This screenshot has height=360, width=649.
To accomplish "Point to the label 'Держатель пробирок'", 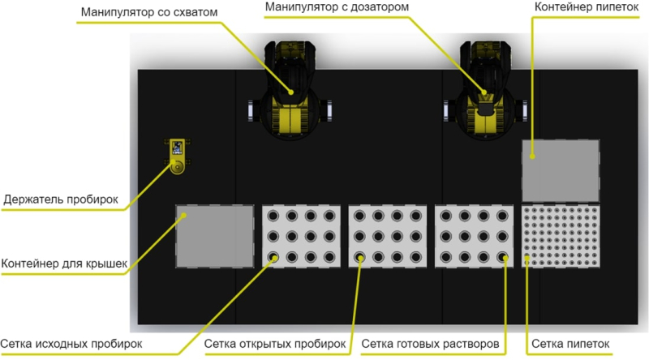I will tap(61, 199).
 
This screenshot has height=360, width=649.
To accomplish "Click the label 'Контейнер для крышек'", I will tap(65, 264).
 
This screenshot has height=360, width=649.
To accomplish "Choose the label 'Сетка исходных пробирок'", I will tap(71, 343).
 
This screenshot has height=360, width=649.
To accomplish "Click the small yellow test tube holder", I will tap(176, 156).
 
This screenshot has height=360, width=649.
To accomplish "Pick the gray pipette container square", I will tap(561, 170).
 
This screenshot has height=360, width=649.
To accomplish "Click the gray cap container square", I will tap(215, 236).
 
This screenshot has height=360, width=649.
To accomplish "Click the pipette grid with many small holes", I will tap(561, 237).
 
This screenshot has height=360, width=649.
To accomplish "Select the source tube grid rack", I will tap(301, 237).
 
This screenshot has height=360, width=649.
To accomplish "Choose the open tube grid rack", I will tap(387, 237).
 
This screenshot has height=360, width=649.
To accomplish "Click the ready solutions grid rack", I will tap(474, 237).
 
